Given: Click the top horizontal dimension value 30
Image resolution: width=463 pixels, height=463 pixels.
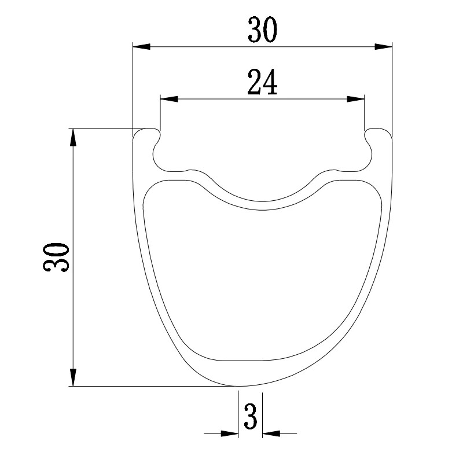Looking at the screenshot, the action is (263, 30).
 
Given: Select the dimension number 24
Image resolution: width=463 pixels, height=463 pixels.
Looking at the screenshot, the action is (262, 82).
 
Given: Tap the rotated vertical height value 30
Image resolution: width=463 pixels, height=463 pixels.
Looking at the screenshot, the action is (56, 257).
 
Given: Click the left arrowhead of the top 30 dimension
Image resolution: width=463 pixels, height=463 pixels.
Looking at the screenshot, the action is (142, 46).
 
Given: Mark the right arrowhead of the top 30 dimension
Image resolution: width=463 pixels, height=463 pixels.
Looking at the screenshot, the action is (383, 46).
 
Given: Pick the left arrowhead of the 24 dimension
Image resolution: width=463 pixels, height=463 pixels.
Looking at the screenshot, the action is (169, 99).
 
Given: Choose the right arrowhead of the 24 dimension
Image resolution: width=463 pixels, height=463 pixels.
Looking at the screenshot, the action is (355, 99).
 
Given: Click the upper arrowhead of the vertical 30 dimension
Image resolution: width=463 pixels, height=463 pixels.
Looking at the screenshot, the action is (73, 138).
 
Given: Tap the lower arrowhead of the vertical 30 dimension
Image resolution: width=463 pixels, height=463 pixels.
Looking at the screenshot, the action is (73, 377).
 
